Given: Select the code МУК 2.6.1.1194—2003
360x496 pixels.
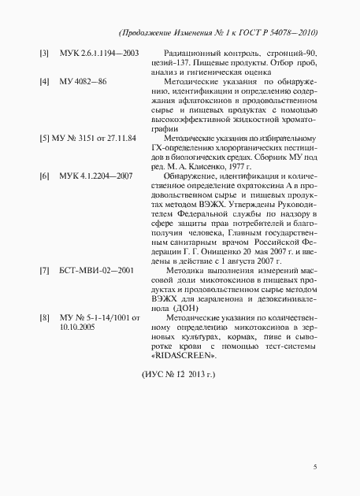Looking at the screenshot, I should (x=99, y=53).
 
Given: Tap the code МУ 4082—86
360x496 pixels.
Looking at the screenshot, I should (x=83, y=81).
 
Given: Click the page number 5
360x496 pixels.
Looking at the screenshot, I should (x=314, y=467).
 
